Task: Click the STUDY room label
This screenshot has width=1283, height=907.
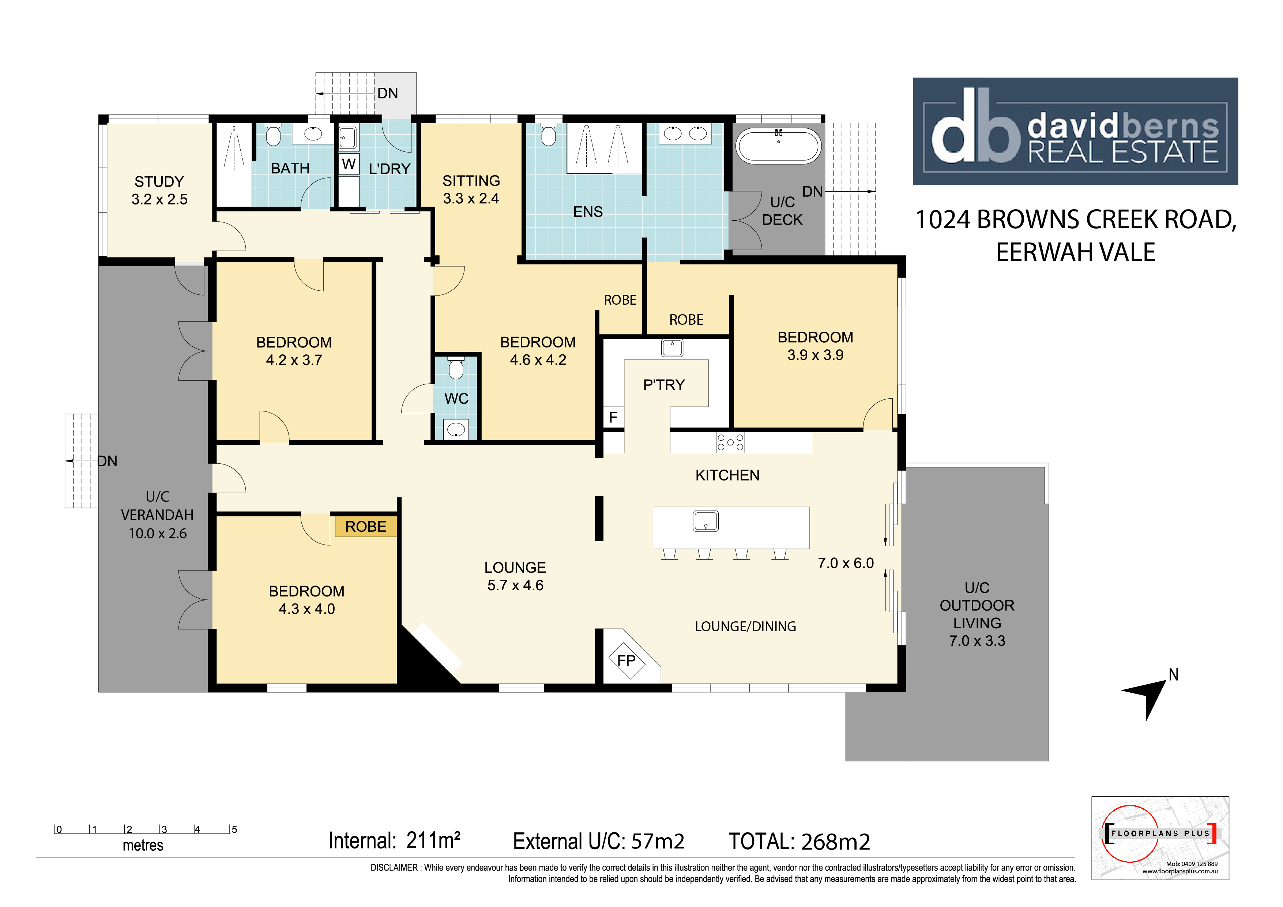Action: click(x=159, y=182)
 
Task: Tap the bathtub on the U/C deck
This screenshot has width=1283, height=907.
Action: click(x=778, y=146)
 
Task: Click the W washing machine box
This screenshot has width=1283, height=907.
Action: click(x=349, y=164)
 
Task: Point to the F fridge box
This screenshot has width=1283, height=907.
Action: click(x=613, y=417)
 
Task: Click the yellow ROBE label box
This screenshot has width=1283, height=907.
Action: click(x=366, y=526)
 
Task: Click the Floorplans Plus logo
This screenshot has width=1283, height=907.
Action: click(x=1160, y=838)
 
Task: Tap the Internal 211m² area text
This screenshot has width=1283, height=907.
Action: click(x=395, y=840)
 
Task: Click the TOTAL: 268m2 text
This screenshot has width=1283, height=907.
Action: click(x=799, y=841)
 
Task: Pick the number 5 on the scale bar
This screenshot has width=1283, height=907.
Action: click(x=234, y=829)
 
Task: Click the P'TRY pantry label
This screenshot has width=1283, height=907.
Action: click(x=664, y=385)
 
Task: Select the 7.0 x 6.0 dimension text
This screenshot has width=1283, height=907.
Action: click(x=846, y=563)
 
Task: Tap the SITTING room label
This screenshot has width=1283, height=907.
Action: click(x=471, y=181)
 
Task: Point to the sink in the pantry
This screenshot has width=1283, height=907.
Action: click(x=672, y=347)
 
